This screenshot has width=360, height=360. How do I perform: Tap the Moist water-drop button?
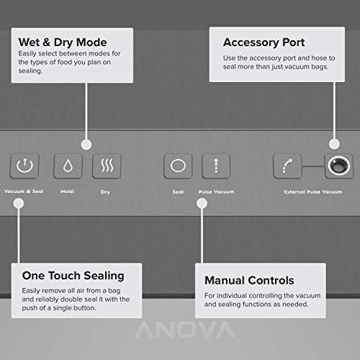pyautogui.click(x=68, y=166)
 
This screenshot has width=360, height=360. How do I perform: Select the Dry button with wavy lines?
pyautogui.click(x=107, y=166)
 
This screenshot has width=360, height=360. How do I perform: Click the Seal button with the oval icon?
pyautogui.click(x=178, y=166)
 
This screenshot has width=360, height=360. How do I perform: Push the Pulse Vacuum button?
pyautogui.click(x=216, y=166)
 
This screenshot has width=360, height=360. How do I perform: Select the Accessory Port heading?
pyautogui.click(x=264, y=42)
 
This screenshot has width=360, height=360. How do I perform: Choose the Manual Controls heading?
pyautogui.click(x=249, y=279)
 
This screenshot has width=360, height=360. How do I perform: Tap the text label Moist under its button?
pyautogui.click(x=68, y=192)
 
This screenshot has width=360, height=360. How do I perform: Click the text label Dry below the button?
pyautogui.click(x=106, y=192)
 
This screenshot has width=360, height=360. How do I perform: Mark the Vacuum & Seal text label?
pyautogui.click(x=23, y=192)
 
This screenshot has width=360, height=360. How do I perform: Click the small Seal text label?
pyautogui.click(x=178, y=192)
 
